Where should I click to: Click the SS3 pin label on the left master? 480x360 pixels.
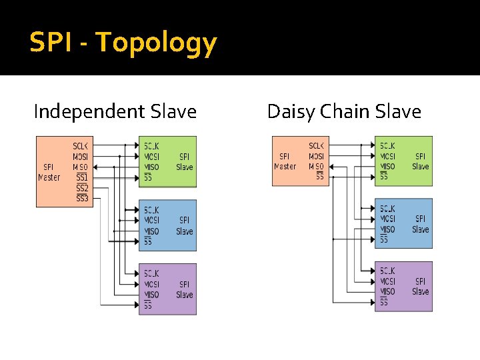[81, 198]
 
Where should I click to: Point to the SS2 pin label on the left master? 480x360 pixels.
[81, 188]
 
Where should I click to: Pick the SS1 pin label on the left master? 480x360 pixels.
[81, 177]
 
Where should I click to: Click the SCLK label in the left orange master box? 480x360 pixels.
[80, 146]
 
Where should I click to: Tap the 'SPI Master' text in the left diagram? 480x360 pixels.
[49, 172]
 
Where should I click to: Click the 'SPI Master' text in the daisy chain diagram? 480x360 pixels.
[285, 161]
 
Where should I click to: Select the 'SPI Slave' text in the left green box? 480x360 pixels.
[185, 161]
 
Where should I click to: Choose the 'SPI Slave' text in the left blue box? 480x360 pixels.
[185, 225]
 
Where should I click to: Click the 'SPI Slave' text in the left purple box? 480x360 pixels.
[185, 289]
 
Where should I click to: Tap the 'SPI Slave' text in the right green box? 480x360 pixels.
[421, 161]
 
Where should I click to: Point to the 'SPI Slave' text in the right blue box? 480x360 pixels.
[421, 224]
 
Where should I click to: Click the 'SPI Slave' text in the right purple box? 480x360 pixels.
[421, 287]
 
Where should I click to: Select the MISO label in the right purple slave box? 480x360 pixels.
[387, 291]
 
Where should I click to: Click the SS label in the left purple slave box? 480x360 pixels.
[148, 305]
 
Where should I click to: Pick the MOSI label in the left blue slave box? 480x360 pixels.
[152, 220]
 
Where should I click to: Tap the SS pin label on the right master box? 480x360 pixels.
[319, 177]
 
